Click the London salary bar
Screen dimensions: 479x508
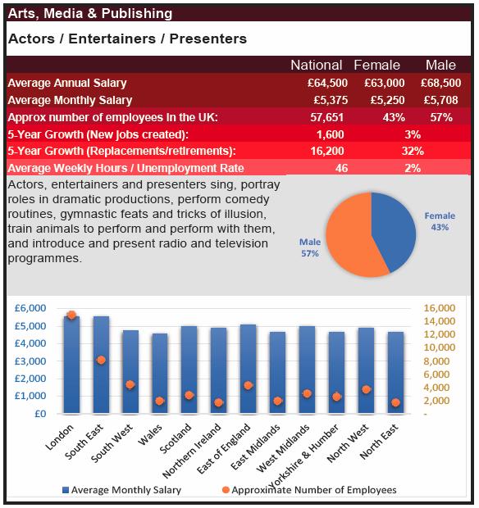tap(71, 365)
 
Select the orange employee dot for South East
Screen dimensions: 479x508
tap(101, 360)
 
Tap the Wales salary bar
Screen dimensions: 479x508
tap(160, 374)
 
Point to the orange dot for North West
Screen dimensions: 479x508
tap(366, 389)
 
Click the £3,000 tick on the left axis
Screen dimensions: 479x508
tap(30, 361)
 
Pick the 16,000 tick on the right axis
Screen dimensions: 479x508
tap(440, 308)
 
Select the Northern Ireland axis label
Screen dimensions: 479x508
tap(192, 451)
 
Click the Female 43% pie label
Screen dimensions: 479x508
tap(440, 221)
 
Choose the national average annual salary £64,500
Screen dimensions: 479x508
tap(327, 83)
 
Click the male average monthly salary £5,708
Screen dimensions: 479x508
tap(441, 100)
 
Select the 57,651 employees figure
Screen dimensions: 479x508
tap(327, 117)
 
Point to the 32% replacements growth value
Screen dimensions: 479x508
tap(413, 151)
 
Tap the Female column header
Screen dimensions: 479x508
tap(376, 65)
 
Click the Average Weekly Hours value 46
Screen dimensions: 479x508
tap(341, 168)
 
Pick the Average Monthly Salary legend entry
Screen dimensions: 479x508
tap(121, 490)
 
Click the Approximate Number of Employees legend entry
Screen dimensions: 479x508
tap(309, 490)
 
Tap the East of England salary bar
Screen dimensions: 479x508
tap(248, 369)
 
